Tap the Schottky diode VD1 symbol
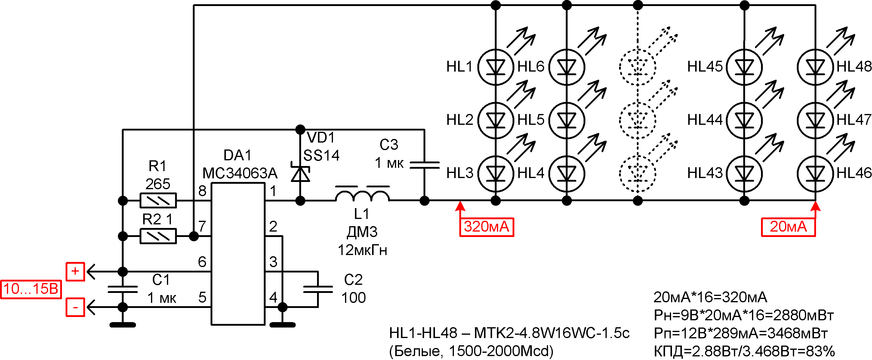pos(300,173)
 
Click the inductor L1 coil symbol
pos(362,196)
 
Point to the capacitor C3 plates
pos(424,165)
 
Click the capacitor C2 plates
pos(318,289)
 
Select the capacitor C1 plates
pos(122,289)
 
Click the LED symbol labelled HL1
pos(496,67)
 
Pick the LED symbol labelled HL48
pos(815,67)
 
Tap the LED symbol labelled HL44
pos(744,120)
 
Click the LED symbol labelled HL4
pos(567,173)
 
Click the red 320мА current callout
pos(486,227)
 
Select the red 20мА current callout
pos(788,227)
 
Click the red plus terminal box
pos(75,271)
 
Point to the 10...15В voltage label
pos(31,289)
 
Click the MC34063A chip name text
pos(240,173)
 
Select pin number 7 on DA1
pos(202,226)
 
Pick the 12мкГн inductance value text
pos(362,250)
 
